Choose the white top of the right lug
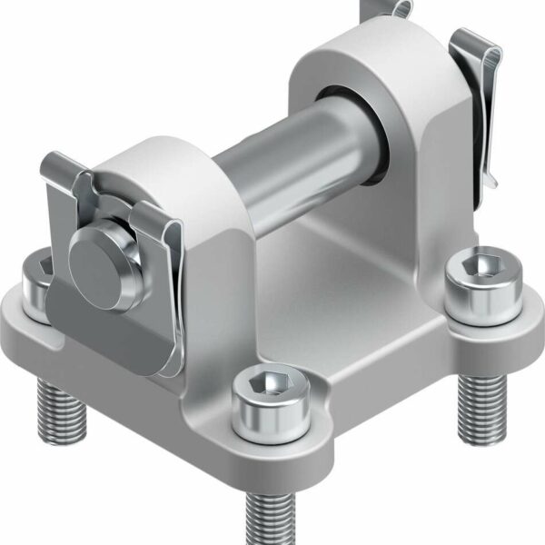click(363, 50)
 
